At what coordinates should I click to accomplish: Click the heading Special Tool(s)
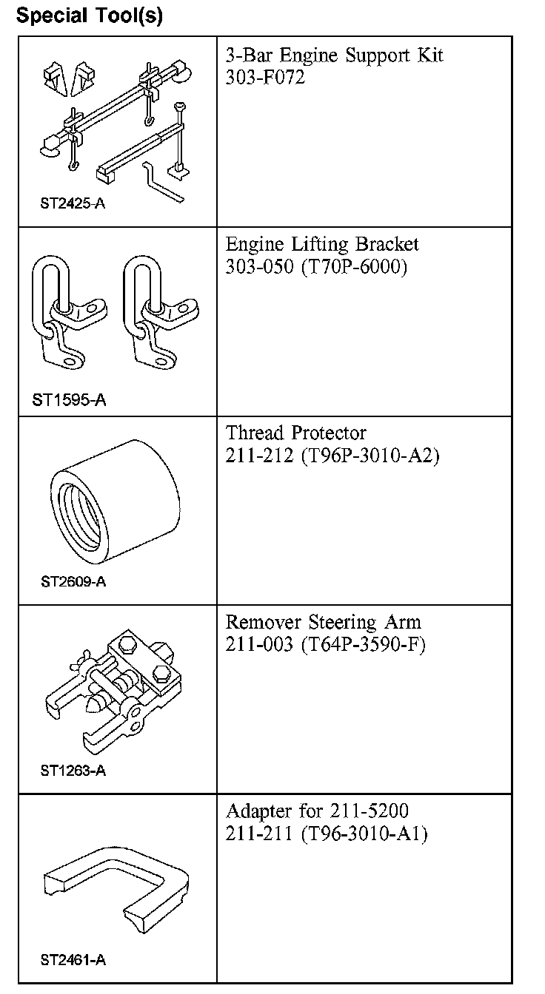point(90,15)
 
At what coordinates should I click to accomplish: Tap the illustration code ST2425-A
point(73,203)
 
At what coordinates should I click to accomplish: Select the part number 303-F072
point(265,77)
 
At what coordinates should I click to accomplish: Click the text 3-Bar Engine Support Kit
point(335,55)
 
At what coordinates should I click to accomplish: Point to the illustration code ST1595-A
point(70,400)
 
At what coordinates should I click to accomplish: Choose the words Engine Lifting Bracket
point(322,244)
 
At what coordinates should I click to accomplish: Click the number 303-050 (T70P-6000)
point(316,267)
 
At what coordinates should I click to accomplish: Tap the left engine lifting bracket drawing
point(68,312)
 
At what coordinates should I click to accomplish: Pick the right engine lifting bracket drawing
point(161,312)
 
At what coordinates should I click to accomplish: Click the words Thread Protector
point(295,433)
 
